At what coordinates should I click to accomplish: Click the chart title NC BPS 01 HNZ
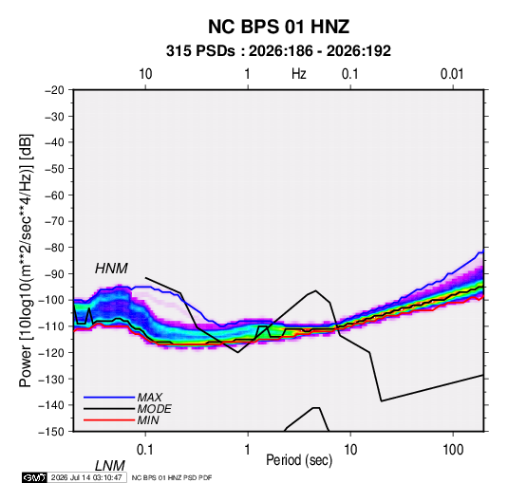(278, 27)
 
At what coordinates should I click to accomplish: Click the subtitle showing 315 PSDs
(278, 51)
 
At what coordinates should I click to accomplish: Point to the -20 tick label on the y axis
(54, 90)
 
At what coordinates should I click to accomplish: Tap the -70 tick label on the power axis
(54, 221)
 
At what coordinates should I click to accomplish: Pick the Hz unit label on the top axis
(299, 74)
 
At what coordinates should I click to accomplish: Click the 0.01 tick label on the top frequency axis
(452, 74)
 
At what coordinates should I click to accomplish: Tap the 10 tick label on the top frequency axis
(145, 74)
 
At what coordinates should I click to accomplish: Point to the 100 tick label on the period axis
(453, 450)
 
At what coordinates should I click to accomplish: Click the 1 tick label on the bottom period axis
(248, 450)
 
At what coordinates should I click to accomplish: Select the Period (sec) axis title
(299, 460)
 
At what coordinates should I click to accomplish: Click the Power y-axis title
(26, 261)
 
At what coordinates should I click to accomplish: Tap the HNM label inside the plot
(111, 269)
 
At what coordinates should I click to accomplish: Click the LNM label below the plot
(109, 466)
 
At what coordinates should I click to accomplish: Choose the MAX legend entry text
(149, 398)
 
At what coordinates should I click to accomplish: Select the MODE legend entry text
(154, 409)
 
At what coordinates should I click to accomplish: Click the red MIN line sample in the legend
(109, 420)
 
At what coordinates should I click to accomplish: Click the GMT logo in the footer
(34, 477)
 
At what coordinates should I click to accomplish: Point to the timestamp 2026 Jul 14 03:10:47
(86, 477)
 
